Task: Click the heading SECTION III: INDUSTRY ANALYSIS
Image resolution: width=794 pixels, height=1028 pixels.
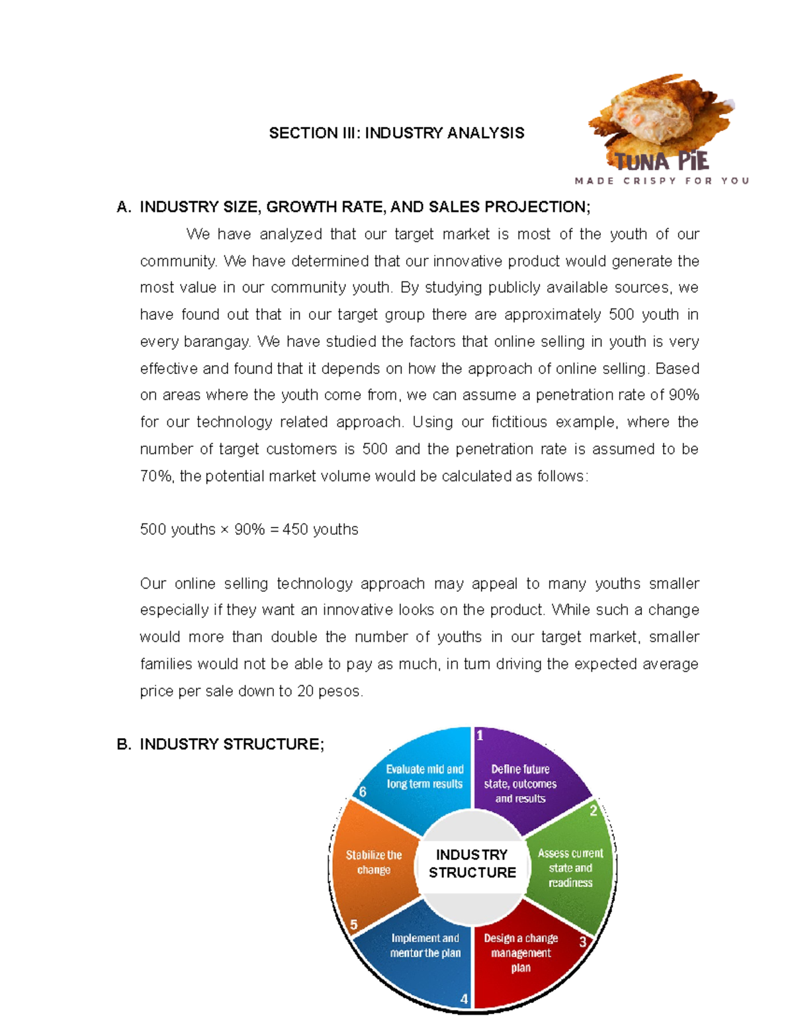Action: [x=396, y=133]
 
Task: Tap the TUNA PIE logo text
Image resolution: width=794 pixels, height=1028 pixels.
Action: [x=662, y=162]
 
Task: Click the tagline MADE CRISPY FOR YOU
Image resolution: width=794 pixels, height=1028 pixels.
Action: [x=662, y=181]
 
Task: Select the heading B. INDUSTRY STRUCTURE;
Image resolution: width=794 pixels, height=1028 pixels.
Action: [x=220, y=744]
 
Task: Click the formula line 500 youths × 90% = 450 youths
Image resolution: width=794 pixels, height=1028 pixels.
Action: [x=249, y=530]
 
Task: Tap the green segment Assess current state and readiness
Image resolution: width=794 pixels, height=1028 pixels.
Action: [x=570, y=868]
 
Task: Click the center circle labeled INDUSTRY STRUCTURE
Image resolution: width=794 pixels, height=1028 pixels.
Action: [x=472, y=864]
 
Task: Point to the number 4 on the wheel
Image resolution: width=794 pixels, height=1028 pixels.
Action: [x=464, y=999]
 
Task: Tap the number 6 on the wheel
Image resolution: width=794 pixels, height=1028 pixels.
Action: [x=363, y=792]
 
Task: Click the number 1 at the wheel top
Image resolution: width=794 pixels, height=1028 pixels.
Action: [x=480, y=735]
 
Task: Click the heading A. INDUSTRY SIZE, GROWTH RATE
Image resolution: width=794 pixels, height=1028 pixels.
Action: [x=353, y=207]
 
